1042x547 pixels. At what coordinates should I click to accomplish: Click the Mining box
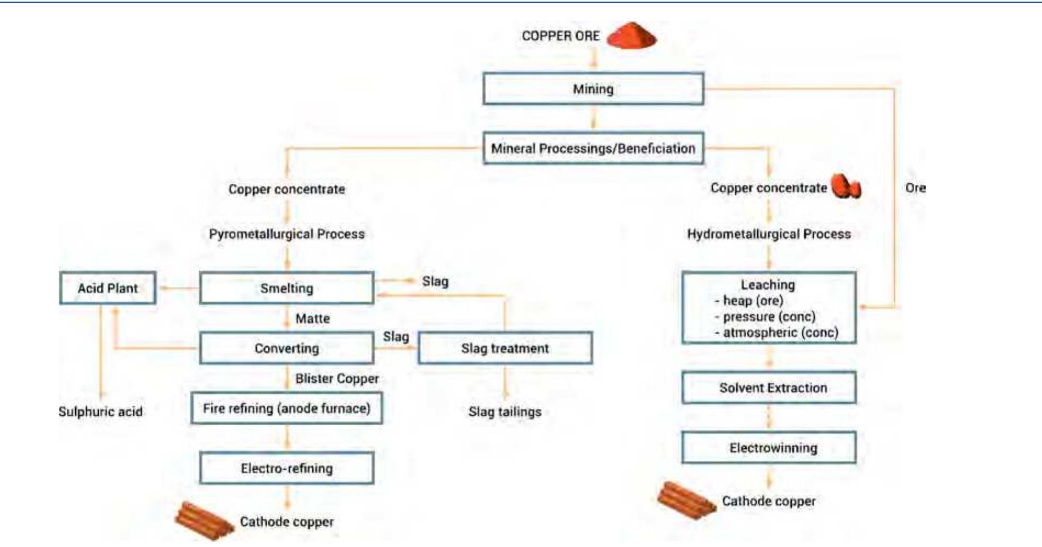tap(593, 89)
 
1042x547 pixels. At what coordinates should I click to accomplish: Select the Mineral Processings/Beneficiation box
tap(593, 148)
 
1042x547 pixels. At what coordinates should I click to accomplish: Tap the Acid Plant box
tap(108, 288)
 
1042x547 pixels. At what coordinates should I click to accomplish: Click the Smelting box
tap(286, 288)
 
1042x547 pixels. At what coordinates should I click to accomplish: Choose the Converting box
tap(286, 348)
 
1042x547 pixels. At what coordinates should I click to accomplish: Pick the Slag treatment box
tap(505, 348)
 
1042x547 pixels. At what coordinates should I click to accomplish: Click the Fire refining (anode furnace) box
tap(286, 408)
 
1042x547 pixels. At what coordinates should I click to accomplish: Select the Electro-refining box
tap(286, 468)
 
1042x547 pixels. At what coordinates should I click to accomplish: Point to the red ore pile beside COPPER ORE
tap(632, 36)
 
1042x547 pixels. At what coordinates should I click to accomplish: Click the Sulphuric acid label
tap(100, 411)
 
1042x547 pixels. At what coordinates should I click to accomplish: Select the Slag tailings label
tap(505, 411)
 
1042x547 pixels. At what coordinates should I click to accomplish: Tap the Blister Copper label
tap(337, 379)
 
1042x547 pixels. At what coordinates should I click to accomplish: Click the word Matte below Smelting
tap(313, 318)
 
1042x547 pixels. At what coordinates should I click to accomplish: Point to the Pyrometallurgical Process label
tap(286, 234)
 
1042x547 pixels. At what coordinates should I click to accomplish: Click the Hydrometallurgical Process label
tap(769, 234)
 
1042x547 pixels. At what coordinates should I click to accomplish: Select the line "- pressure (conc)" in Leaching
tap(768, 317)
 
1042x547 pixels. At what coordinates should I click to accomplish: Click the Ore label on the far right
tap(915, 188)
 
